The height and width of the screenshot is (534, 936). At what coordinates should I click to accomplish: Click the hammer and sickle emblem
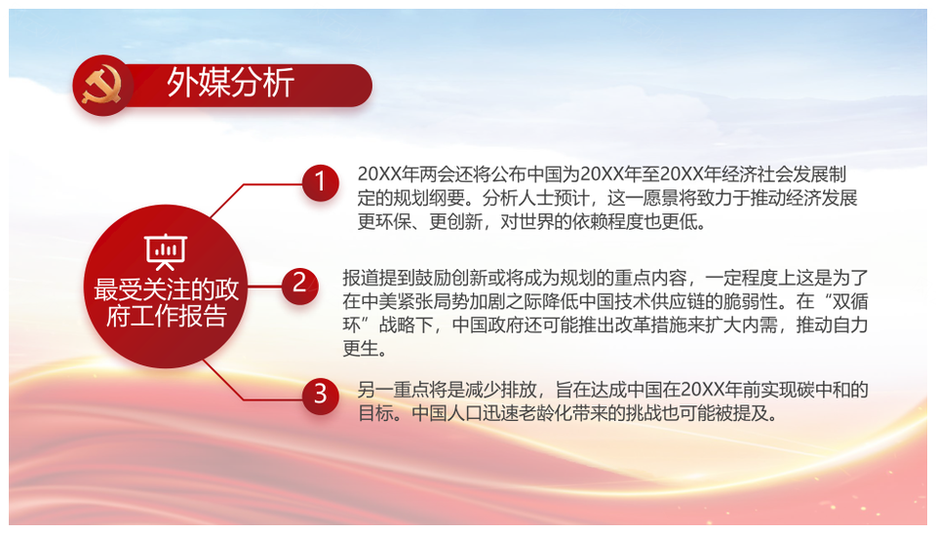[102, 86]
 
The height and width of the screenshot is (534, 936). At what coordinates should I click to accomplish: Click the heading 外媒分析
[230, 82]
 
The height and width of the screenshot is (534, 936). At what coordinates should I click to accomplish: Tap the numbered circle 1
[320, 182]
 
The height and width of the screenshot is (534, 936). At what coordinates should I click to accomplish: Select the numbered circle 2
[299, 286]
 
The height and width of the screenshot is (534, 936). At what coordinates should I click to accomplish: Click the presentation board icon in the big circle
[166, 251]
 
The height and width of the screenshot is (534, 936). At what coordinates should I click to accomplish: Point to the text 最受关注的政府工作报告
[166, 302]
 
